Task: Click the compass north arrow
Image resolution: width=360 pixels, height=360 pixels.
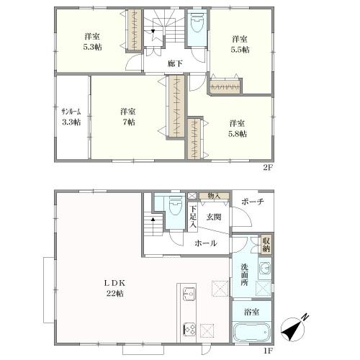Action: (x=293, y=329)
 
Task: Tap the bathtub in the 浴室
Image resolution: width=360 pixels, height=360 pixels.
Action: (x=251, y=331)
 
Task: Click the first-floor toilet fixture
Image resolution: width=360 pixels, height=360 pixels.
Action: (x=175, y=206)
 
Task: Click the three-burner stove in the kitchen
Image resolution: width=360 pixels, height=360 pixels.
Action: (x=189, y=329)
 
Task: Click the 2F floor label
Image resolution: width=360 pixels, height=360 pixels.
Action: (x=269, y=168)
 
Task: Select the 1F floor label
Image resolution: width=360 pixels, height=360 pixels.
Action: (x=269, y=351)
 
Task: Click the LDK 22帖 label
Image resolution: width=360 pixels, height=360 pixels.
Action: (x=115, y=288)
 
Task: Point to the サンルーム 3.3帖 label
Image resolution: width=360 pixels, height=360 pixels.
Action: (x=71, y=117)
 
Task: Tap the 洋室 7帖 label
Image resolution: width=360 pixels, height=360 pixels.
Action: (x=128, y=117)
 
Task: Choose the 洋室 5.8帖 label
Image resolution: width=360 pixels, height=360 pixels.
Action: (x=238, y=129)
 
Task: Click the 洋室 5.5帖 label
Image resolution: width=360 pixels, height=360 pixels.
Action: (x=240, y=44)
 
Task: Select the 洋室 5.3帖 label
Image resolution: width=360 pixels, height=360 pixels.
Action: (x=92, y=42)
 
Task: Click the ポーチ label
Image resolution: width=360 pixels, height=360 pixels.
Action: (x=253, y=202)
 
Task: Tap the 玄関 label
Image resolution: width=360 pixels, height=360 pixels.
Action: (x=214, y=217)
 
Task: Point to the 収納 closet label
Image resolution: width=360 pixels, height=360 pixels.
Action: (x=266, y=244)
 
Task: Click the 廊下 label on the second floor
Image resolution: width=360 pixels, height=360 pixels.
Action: (x=175, y=64)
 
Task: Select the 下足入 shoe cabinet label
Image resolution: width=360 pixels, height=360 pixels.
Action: (x=193, y=217)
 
